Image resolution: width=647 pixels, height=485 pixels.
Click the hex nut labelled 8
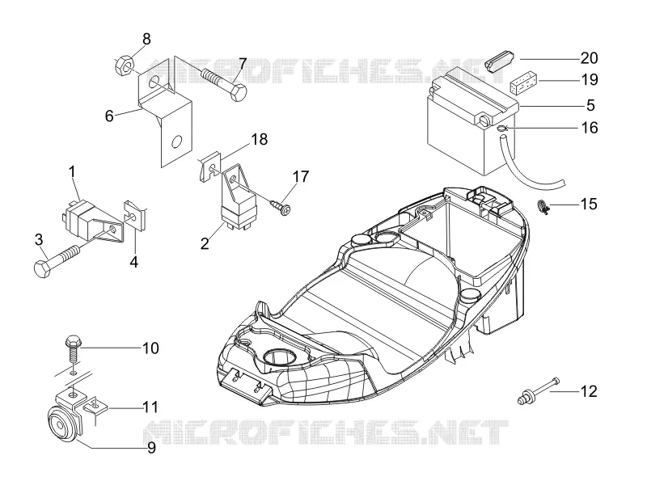(x=124, y=65)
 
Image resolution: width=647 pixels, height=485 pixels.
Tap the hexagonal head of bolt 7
(x=238, y=92)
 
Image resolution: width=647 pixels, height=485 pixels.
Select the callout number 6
(x=109, y=116)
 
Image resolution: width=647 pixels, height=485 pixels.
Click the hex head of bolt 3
(x=42, y=268)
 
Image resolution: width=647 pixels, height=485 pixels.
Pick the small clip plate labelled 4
(x=136, y=216)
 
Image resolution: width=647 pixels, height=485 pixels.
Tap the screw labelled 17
(x=281, y=207)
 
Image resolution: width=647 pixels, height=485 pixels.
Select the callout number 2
(x=205, y=244)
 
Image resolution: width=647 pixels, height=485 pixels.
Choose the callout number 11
(x=150, y=407)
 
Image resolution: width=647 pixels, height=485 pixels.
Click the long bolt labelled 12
(x=538, y=390)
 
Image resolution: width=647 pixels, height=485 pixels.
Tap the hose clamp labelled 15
(x=543, y=206)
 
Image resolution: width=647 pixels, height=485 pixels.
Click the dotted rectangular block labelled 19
(x=523, y=83)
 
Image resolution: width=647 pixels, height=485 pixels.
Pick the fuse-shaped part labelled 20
(x=498, y=61)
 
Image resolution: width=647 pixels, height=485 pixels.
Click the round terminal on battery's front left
(x=483, y=120)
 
